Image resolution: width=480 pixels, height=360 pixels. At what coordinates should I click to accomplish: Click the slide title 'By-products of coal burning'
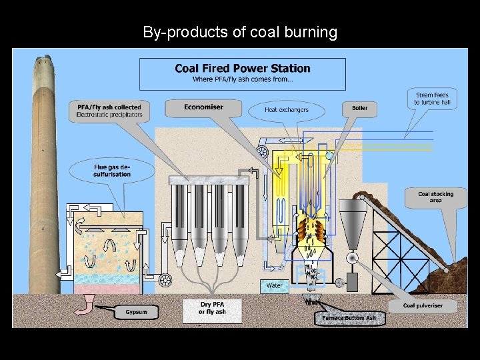240,31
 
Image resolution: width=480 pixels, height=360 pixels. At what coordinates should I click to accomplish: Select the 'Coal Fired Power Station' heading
242,68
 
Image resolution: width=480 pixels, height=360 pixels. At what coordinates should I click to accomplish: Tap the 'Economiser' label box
203,107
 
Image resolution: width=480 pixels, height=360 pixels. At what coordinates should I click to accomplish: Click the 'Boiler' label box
359,108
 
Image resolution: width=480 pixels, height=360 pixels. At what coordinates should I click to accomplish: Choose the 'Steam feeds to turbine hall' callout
432,99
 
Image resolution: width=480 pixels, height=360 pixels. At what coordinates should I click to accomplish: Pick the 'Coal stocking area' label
435,197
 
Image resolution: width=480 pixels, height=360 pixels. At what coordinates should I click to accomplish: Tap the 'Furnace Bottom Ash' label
349,318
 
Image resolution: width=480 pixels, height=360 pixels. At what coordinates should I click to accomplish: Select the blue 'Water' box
274,286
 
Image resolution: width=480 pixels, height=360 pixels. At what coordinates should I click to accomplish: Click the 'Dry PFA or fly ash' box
212,309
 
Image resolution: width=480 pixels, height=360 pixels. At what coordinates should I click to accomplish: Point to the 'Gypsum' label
136,312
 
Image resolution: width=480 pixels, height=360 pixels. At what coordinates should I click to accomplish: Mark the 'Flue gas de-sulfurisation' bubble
112,171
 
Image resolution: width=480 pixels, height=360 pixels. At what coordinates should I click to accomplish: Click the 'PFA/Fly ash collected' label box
109,110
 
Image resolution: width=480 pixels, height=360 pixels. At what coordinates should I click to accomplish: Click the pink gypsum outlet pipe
85,305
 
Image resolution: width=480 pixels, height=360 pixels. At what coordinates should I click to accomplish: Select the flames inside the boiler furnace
311,231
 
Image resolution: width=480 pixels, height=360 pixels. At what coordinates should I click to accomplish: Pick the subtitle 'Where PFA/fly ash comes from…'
242,80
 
